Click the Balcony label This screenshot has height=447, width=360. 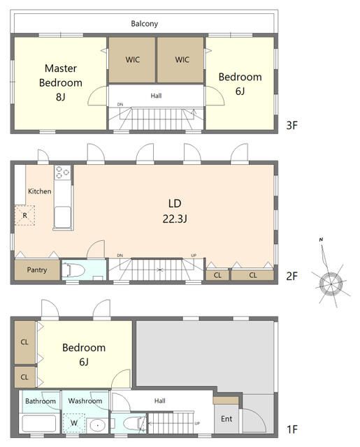coord(144,24)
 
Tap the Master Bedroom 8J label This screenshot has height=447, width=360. coord(61,82)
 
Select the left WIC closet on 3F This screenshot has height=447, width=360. coord(132,60)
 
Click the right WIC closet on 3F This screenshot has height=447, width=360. coord(180,60)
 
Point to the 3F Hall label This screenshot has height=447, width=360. coord(156,96)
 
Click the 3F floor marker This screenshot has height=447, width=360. coord(291,125)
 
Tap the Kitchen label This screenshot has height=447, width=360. coord(40,191)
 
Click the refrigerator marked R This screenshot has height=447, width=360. coord(25,216)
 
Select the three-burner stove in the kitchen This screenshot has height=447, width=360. coord(62,173)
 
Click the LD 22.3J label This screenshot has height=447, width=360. coord(175,211)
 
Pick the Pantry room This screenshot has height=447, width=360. coord(37,270)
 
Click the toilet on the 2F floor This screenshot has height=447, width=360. coord(73,270)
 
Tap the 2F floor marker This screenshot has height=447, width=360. coord(291,276)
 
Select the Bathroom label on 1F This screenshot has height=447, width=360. coord(41,401)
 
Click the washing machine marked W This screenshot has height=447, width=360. coord(74,423)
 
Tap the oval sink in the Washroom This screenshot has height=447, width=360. coord(98,425)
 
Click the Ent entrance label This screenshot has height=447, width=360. coord(226,419)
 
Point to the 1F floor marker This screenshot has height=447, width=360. coord(291,429)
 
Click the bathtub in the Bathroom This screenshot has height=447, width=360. coord(39,424)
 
